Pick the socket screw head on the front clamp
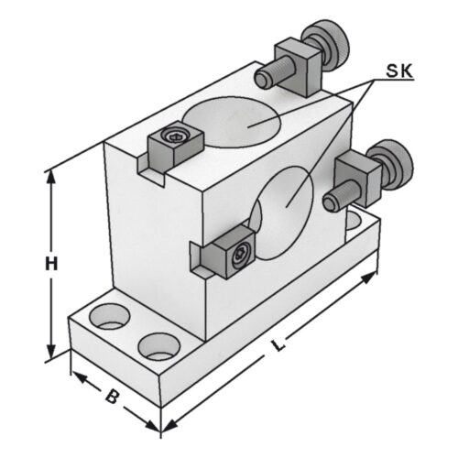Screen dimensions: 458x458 [x=241, y=256]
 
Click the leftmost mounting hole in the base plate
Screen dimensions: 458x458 [x=110, y=316]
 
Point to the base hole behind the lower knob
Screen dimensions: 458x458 [x=354, y=219]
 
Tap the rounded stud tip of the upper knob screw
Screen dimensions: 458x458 [x=263, y=80]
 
